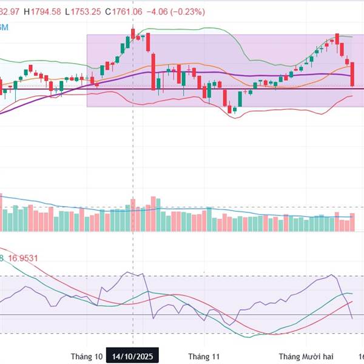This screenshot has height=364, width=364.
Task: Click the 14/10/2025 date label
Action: tap(133, 356)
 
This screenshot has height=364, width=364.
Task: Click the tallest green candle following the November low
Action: tap(240, 99)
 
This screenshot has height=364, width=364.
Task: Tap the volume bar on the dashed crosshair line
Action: tap(133, 214)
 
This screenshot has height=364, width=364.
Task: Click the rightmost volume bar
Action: tap(352, 222)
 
